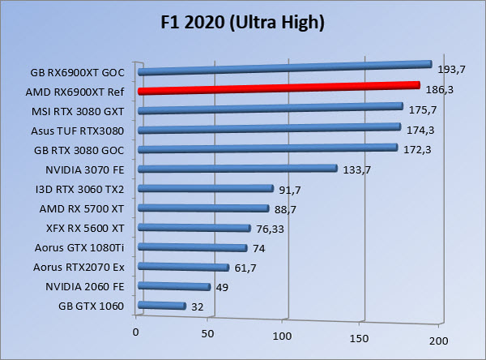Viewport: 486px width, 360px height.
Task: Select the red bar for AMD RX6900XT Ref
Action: tap(279, 88)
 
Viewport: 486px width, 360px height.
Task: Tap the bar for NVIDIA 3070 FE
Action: tap(237, 169)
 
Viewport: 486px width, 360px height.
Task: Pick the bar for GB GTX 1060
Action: tap(163, 306)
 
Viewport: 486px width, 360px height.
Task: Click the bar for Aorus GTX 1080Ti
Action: tap(193, 248)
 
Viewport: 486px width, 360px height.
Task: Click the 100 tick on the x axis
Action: tap(283, 334)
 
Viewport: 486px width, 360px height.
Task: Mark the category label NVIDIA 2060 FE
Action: tap(85, 286)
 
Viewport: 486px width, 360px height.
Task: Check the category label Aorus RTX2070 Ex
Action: tap(79, 267)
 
